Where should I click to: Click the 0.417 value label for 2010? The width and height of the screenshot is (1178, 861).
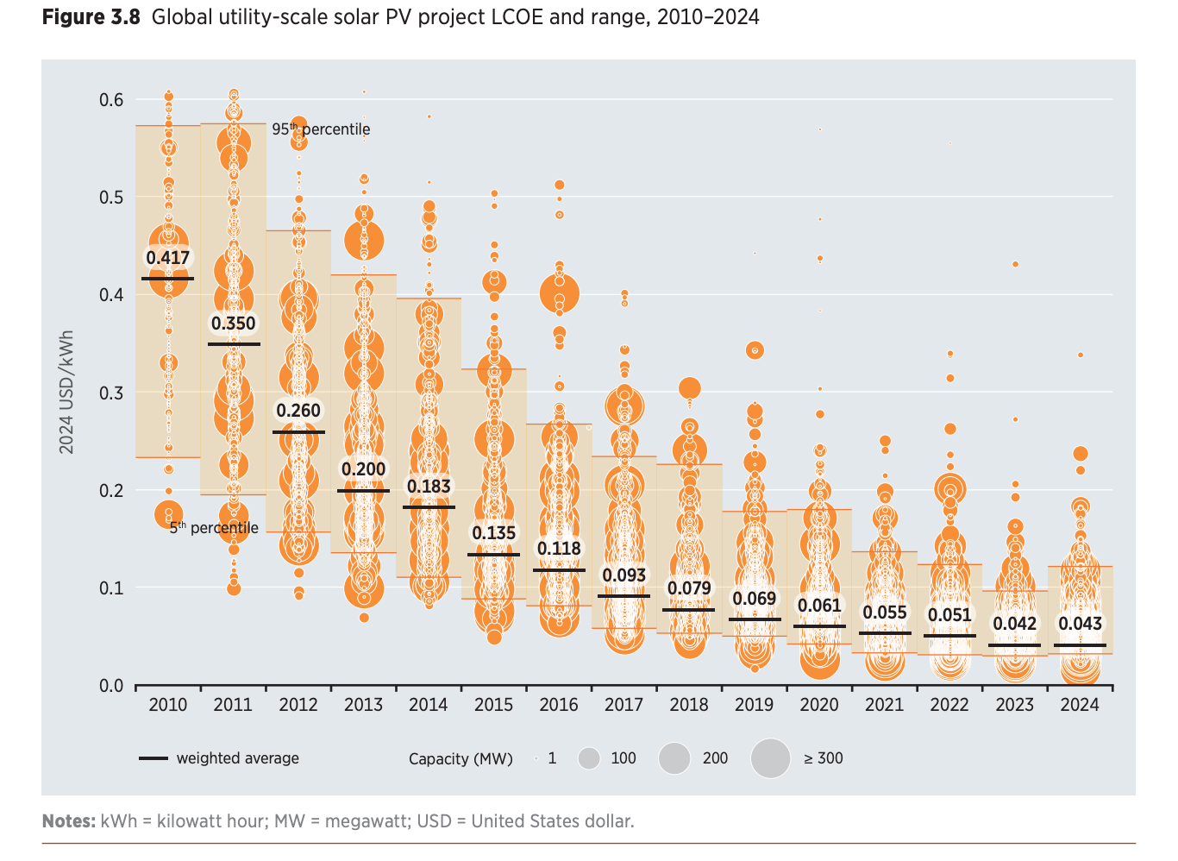coord(167,258)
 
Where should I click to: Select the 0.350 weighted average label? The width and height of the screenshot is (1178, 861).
coord(234,324)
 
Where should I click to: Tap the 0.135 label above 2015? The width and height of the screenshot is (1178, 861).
coord(494,533)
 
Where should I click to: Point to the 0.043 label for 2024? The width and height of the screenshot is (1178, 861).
coord(1080,624)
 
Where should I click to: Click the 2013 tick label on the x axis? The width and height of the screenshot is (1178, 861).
coord(363,705)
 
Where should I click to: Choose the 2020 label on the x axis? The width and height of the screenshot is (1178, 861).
coord(819,705)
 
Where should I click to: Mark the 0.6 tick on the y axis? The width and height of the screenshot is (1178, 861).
coord(111,100)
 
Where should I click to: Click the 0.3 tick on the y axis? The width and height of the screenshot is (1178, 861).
coord(111,393)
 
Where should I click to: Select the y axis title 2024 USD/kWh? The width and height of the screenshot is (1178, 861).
coord(66,392)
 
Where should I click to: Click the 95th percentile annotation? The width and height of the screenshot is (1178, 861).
coord(321,129)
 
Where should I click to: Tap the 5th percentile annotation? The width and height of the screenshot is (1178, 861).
coord(214,528)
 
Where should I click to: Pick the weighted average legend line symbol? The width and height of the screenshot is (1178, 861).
coord(154,758)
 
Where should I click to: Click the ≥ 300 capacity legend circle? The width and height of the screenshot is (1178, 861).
coord(770,758)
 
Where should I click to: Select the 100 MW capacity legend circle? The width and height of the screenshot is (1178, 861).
coord(589,758)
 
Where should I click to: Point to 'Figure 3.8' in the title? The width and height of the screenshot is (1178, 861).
coord(91,17)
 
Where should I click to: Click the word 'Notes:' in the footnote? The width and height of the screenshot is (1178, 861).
coord(69,821)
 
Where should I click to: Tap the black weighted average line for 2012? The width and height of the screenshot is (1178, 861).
coord(298,432)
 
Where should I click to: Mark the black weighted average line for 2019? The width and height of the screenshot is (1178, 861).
coord(755,619)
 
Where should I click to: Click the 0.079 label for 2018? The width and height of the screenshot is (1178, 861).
coord(689,588)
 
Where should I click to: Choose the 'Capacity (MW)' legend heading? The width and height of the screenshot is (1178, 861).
coord(461,759)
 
